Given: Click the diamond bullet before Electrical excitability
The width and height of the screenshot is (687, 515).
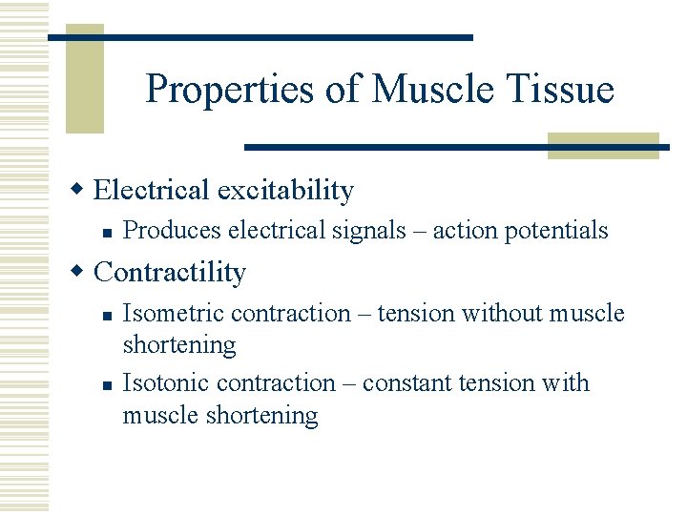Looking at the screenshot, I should pyautogui.click(x=82, y=189).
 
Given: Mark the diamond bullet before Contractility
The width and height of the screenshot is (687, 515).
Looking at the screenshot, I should pyautogui.click(x=82, y=272).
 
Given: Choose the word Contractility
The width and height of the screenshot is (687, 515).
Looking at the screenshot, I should pyautogui.click(x=170, y=273).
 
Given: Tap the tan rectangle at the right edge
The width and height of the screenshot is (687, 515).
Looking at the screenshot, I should pyautogui.click(x=603, y=145).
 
